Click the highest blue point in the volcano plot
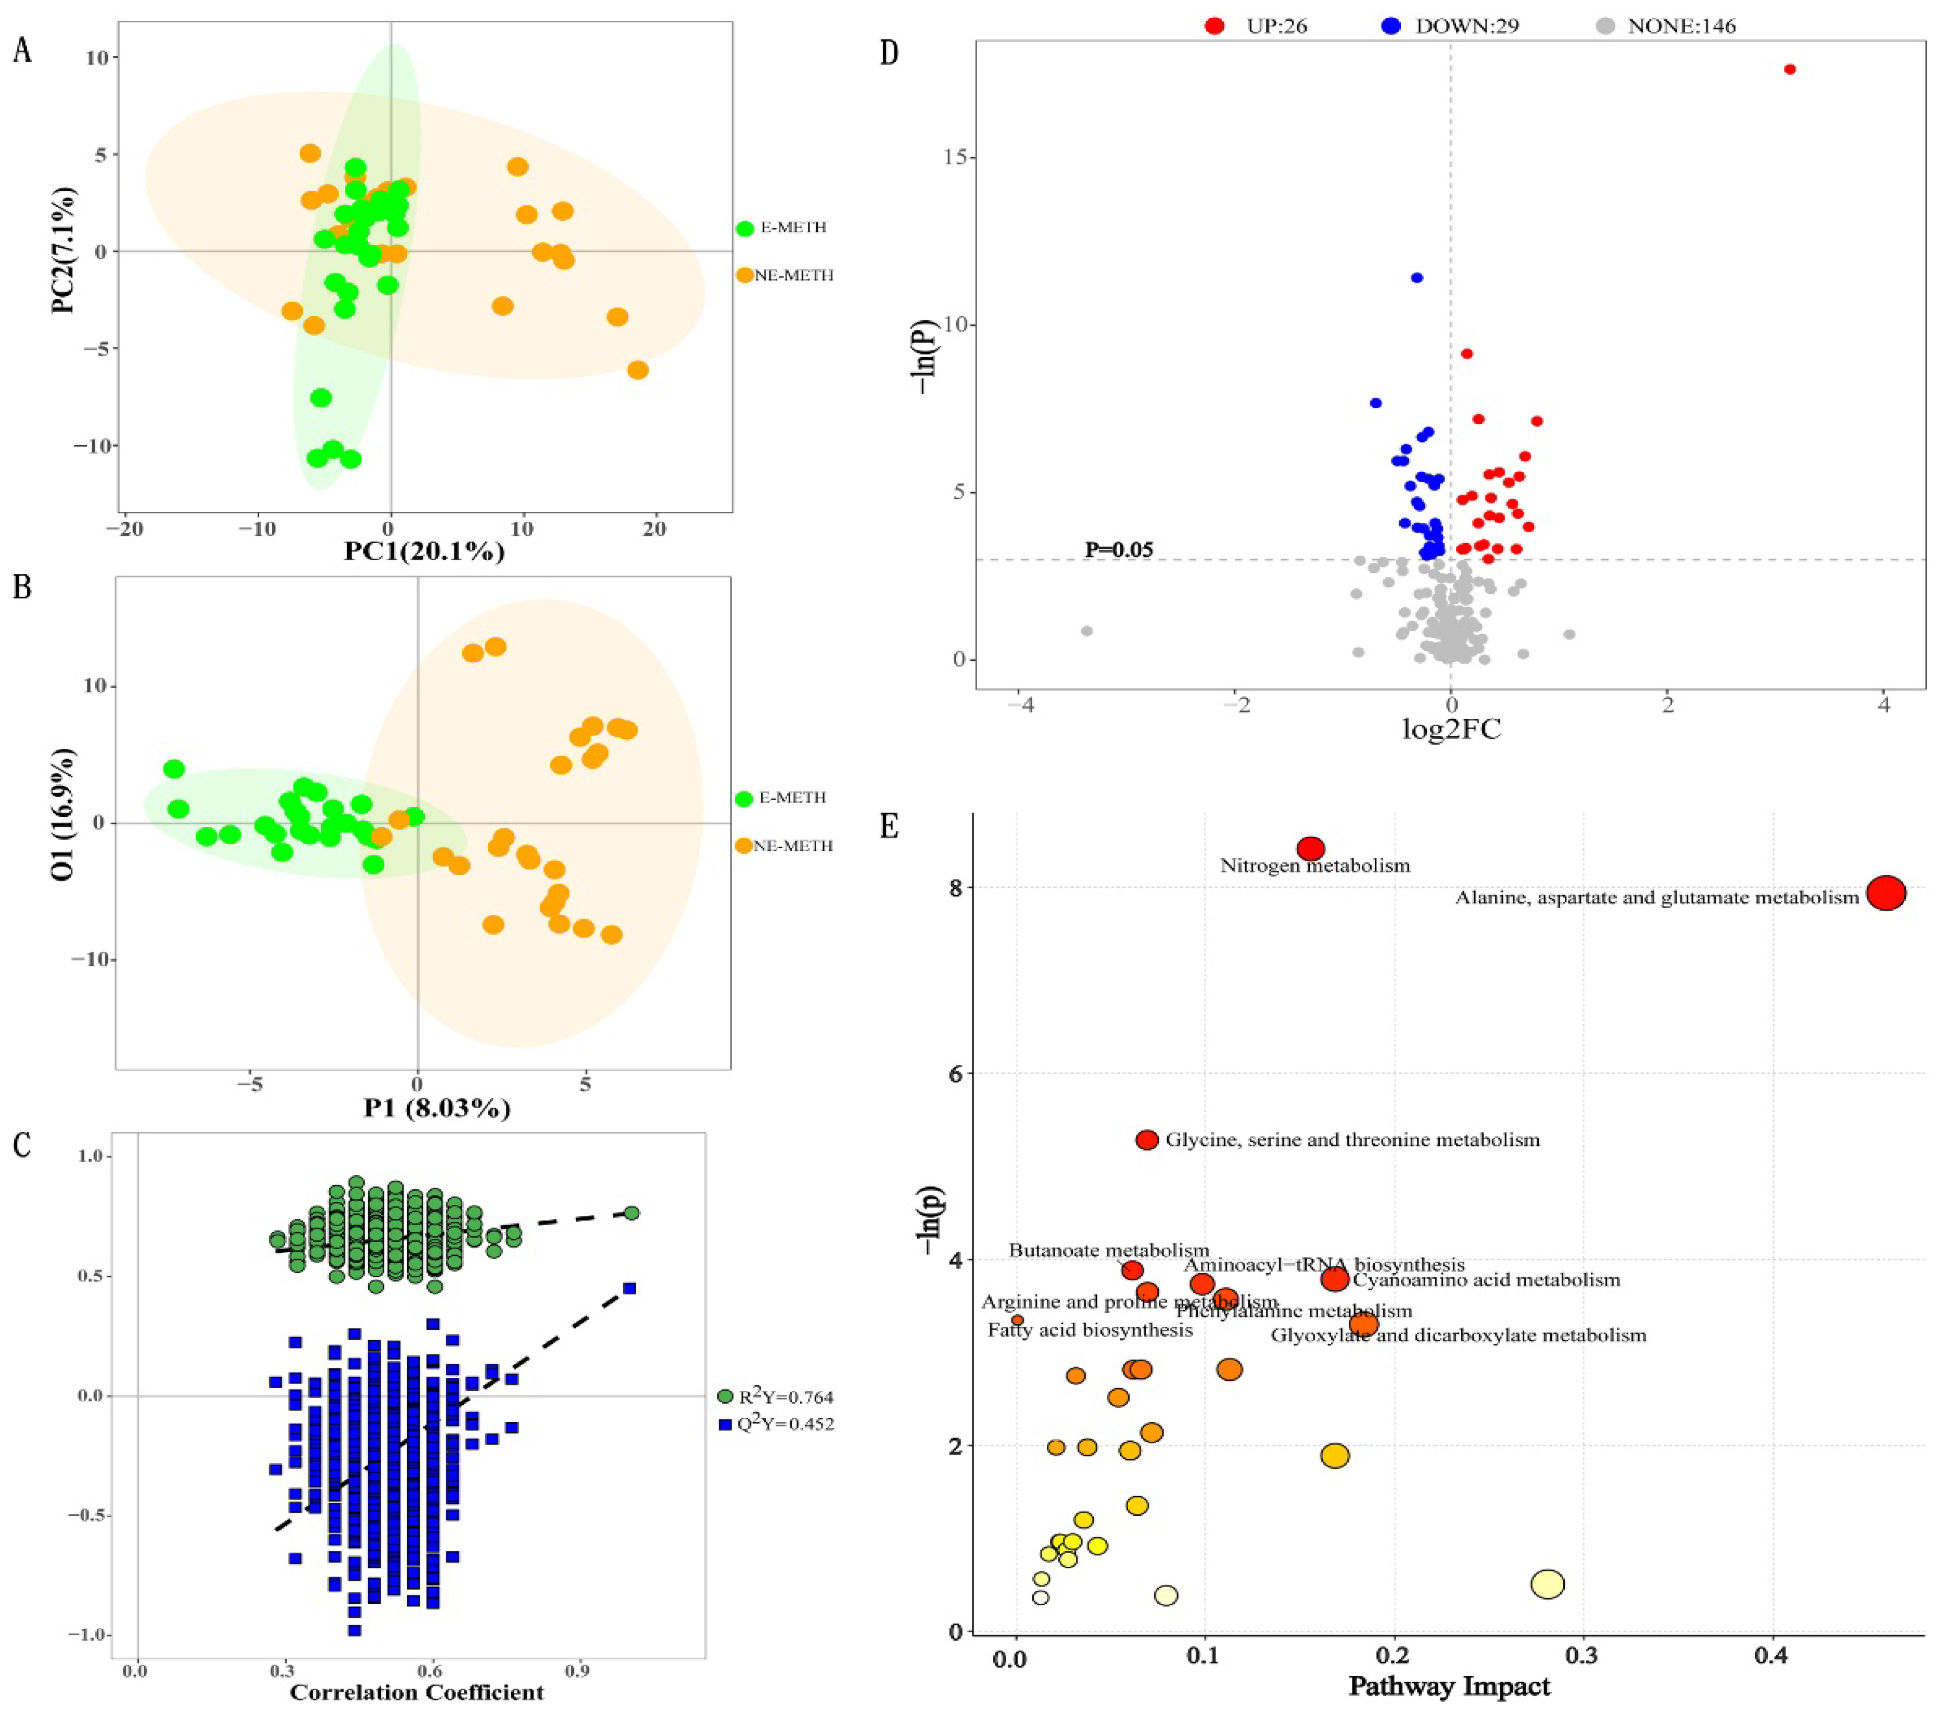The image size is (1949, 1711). [1417, 278]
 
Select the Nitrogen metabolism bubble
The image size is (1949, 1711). [1311, 848]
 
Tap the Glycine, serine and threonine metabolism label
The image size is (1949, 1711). [1352, 1140]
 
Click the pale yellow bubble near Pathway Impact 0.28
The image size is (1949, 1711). [1548, 1584]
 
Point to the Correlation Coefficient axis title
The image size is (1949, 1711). [416, 1693]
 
